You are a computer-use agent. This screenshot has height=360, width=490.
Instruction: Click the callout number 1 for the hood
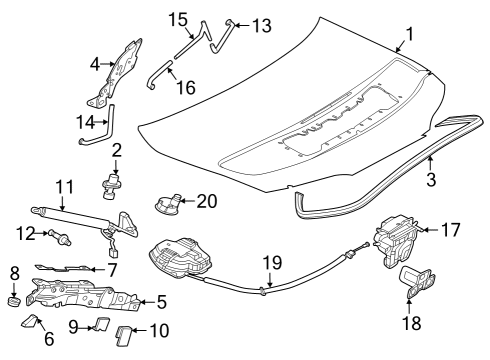[x=409, y=34]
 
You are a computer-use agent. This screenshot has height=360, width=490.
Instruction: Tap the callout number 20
[x=207, y=201]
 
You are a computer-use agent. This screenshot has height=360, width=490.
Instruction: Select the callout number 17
[x=450, y=230]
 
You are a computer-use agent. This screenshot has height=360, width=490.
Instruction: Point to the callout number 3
[x=431, y=179]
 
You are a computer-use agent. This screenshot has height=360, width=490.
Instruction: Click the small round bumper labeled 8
[x=14, y=301]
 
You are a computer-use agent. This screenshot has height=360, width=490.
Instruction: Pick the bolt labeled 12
[x=60, y=237]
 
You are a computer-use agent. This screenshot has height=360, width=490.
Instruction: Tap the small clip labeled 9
[x=101, y=324]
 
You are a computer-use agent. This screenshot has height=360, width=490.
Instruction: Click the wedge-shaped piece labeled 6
[x=29, y=321]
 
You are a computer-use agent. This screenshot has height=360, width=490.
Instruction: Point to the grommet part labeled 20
[x=166, y=204]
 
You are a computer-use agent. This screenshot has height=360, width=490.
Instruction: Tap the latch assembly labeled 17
[x=396, y=241]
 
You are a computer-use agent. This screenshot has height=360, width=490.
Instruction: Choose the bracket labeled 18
[x=417, y=282]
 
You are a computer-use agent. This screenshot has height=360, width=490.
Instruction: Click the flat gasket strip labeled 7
[x=63, y=267]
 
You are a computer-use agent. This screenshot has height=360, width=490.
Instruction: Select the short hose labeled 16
[x=158, y=75]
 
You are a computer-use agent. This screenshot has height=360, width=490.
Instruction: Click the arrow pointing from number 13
[x=242, y=25]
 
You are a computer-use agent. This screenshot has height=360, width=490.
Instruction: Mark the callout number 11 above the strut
[x=64, y=187]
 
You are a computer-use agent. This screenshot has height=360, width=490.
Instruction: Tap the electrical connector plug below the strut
[x=113, y=252]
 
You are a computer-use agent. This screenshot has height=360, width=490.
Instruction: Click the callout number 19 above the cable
[x=273, y=262]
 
